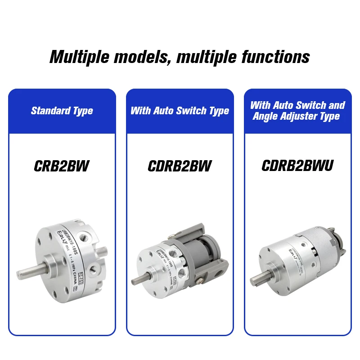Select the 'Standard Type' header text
pyautogui.click(x=62, y=111)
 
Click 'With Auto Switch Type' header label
pyautogui.click(x=180, y=111)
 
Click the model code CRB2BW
pyautogui.click(x=62, y=166)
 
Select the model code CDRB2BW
pyautogui.click(x=180, y=166)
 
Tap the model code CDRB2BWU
pyautogui.click(x=297, y=166)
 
